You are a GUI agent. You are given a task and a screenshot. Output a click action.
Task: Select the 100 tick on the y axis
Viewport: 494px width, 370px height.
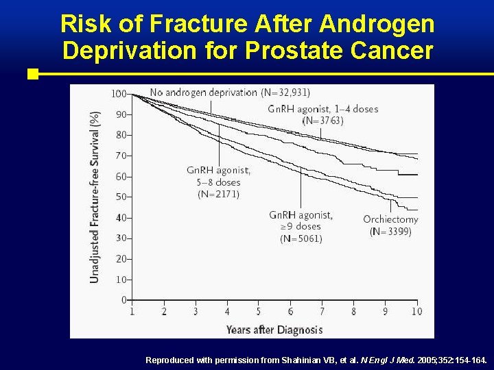click(119, 93)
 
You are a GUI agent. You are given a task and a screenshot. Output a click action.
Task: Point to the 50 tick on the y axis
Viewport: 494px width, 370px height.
click(121, 197)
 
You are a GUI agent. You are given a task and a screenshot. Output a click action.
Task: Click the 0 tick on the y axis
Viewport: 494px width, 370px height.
click(123, 300)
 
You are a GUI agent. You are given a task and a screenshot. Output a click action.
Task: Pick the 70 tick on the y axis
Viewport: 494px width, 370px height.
click(121, 156)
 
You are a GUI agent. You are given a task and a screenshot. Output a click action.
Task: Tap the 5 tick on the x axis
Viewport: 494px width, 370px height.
click(259, 312)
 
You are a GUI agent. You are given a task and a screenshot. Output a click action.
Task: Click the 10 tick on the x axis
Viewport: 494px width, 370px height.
click(416, 312)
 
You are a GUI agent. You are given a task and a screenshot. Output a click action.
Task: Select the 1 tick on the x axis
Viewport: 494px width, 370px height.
click(132, 312)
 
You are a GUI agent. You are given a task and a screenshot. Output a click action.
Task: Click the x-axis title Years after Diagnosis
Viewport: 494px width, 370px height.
click(274, 330)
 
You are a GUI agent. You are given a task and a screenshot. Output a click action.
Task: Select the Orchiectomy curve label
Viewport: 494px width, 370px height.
click(390, 219)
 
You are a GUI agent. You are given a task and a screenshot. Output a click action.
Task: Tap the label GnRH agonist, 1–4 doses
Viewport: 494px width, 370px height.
click(322, 109)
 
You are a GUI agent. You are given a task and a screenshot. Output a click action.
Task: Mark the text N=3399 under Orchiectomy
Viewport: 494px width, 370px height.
click(390, 232)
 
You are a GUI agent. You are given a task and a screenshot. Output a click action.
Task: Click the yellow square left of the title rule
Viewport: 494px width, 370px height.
click(32, 73)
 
